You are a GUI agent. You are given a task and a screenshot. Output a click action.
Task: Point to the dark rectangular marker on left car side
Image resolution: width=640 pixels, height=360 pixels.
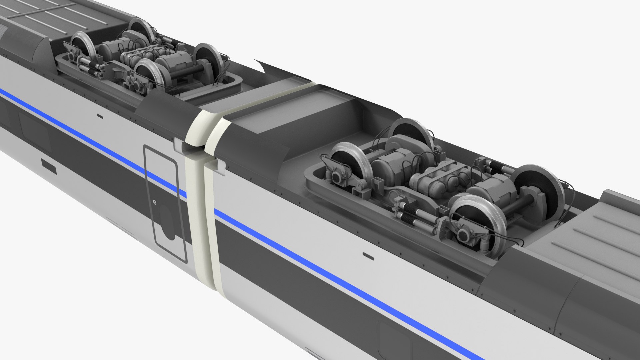click(x=48, y=166)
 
